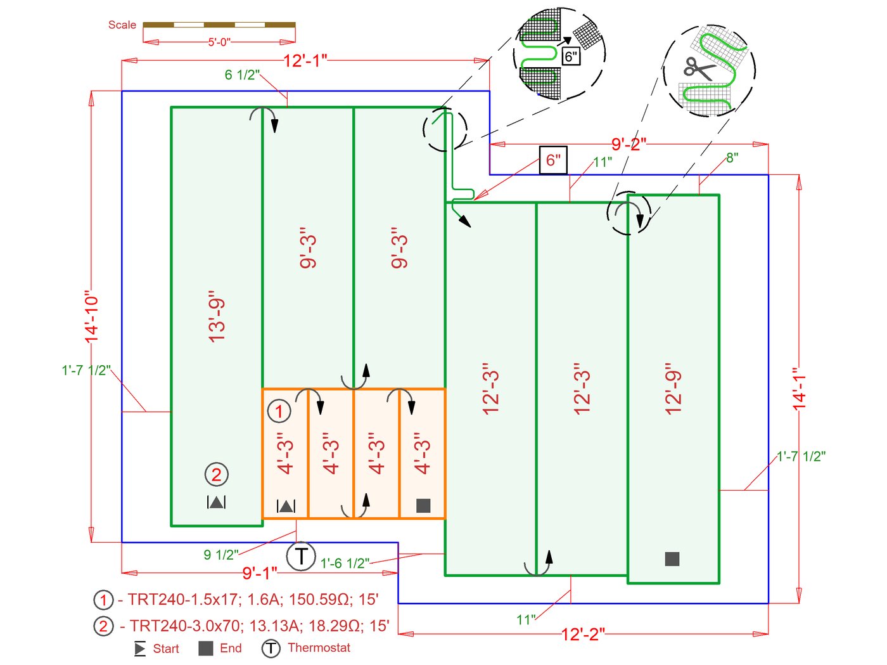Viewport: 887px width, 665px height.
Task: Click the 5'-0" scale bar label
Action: click(x=219, y=42)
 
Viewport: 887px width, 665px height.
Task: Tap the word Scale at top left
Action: click(x=122, y=25)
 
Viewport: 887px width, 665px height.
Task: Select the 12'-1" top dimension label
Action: click(x=305, y=60)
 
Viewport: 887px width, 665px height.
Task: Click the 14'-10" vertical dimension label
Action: click(x=93, y=317)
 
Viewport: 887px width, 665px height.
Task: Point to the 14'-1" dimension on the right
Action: click(x=800, y=388)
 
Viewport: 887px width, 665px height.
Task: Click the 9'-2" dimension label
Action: click(x=629, y=144)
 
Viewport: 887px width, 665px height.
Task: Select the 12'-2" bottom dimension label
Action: click(x=583, y=634)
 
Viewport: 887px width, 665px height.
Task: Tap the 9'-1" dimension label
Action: click(x=260, y=573)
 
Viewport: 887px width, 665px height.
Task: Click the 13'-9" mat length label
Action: click(x=217, y=317)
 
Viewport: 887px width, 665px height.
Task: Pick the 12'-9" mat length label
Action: click(x=673, y=389)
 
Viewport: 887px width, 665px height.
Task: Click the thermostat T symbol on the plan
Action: click(x=301, y=556)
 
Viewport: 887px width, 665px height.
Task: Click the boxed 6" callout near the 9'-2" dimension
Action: click(x=553, y=160)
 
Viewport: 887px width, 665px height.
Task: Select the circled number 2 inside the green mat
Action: click(x=216, y=474)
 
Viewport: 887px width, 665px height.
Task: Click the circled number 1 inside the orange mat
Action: click(x=279, y=411)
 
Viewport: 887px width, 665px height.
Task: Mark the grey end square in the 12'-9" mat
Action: click(x=672, y=558)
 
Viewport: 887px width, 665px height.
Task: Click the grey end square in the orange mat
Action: click(x=423, y=505)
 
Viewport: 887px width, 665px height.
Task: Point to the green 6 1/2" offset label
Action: click(x=242, y=75)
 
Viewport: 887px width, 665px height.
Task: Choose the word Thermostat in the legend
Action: click(x=319, y=647)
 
